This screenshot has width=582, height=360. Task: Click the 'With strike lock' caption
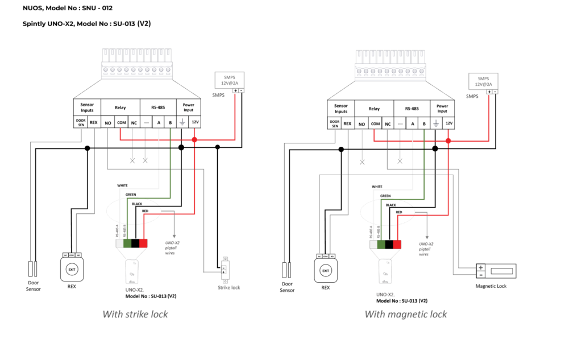(135, 314)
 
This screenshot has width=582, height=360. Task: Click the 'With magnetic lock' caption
(405, 314)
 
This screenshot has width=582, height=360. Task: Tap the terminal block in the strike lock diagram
(136, 64)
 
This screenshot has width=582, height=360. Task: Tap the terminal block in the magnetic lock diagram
(390, 65)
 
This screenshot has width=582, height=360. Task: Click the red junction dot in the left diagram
(194, 139)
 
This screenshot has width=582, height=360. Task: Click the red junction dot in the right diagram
(448, 140)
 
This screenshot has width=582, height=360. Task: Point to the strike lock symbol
(225, 270)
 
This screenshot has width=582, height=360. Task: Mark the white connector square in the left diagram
(119, 243)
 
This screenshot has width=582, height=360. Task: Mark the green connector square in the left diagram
(128, 243)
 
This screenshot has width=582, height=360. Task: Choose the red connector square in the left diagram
(143, 243)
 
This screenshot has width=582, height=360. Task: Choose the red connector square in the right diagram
(397, 244)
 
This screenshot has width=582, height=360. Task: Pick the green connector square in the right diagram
(381, 244)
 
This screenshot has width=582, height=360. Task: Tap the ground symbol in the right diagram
(436, 123)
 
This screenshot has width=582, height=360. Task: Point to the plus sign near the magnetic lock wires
(481, 267)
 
